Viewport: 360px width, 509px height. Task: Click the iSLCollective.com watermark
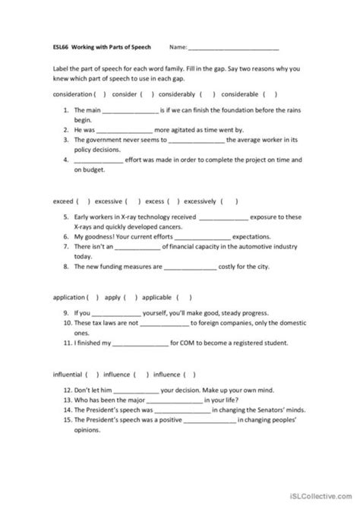[318, 498]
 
